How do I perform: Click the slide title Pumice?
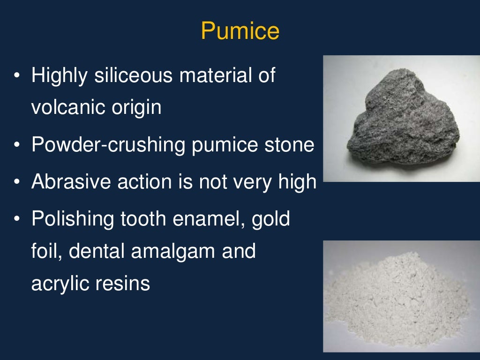click(240, 31)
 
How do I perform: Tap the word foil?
click(45, 251)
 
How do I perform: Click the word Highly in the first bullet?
click(59, 76)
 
